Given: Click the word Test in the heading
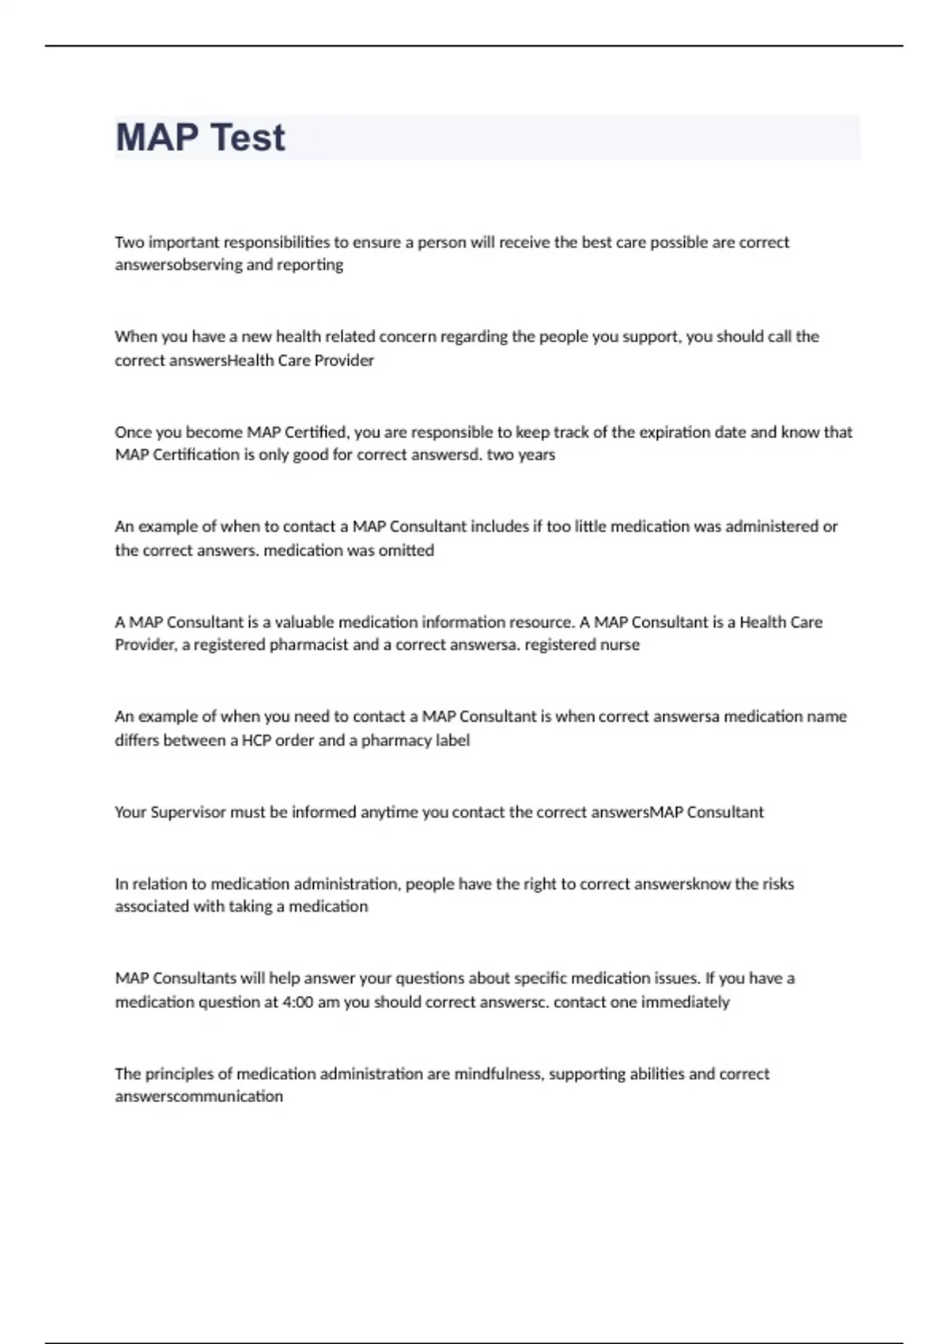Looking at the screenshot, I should pos(248,138).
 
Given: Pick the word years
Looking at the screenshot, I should pos(537,455).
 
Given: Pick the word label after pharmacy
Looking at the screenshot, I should pos(453,741).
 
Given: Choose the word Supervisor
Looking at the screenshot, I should pos(188,813).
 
